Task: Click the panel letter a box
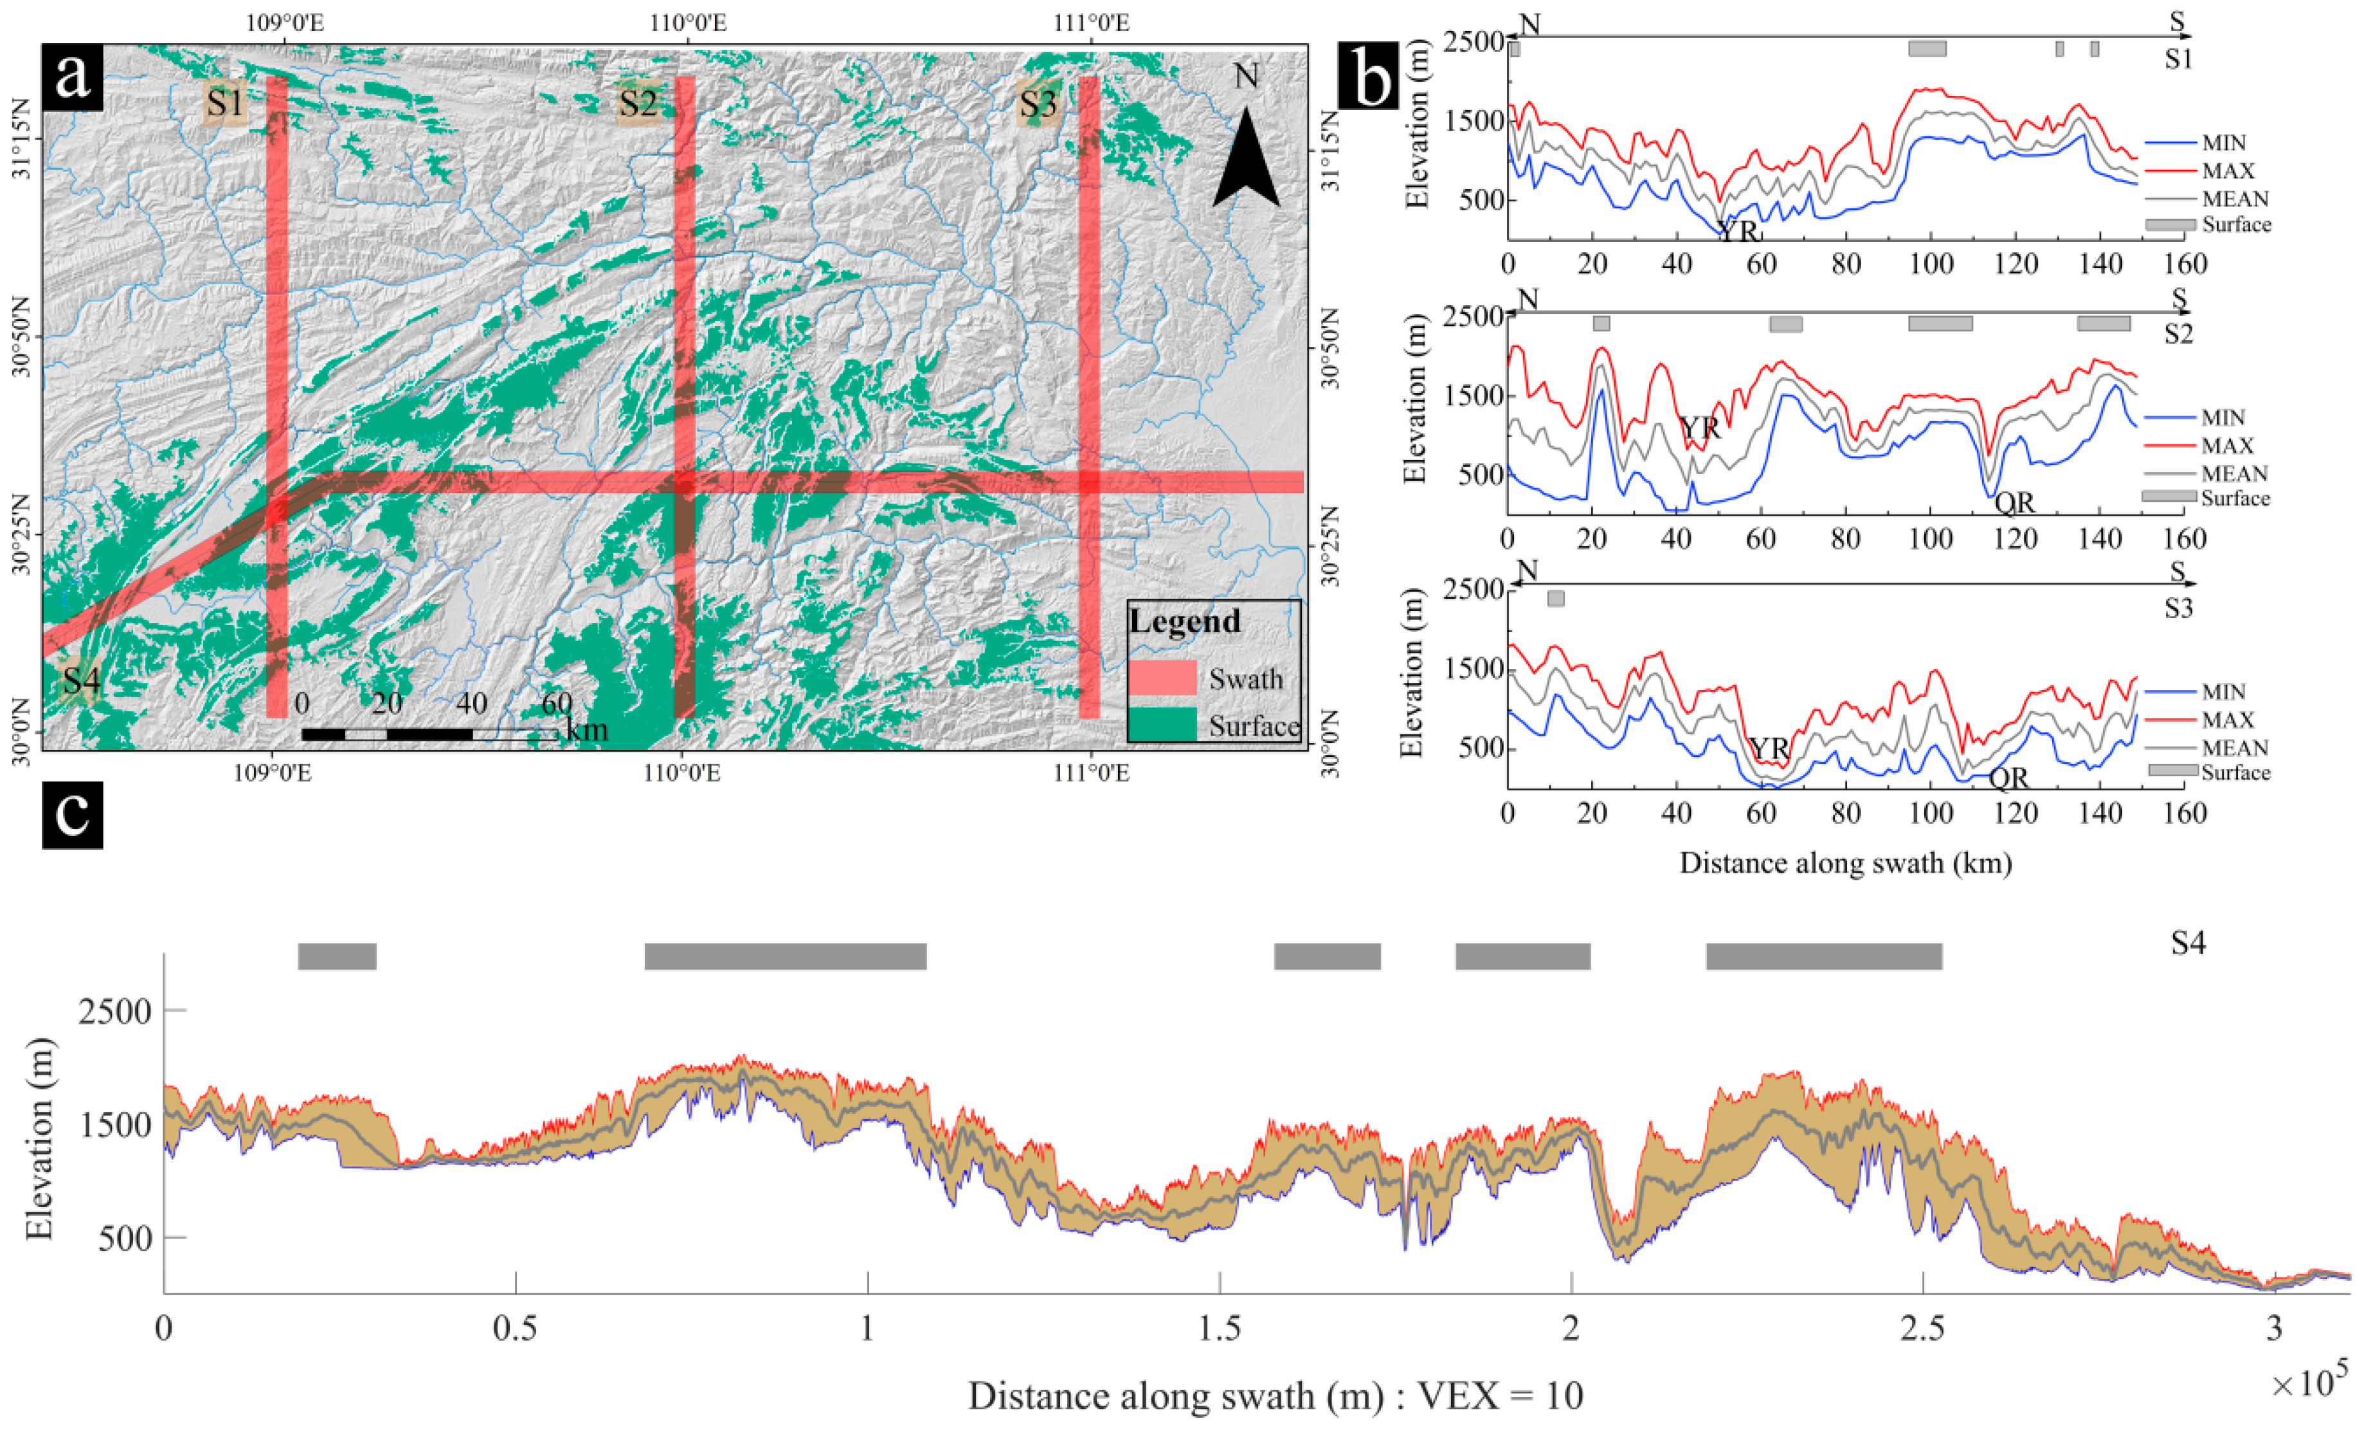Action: pyautogui.click(x=72, y=76)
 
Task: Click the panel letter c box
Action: pyautogui.click(x=72, y=814)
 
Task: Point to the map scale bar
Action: pyautogui.click(x=429, y=734)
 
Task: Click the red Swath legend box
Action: pyautogui.click(x=1162, y=677)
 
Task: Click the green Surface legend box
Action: pyautogui.click(x=1162, y=725)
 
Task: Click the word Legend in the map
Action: pyautogui.click(x=1185, y=622)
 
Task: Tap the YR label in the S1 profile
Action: pyautogui.click(x=1738, y=231)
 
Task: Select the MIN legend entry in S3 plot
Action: pyautogui.click(x=2223, y=692)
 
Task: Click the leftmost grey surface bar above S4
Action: pyautogui.click(x=337, y=956)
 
